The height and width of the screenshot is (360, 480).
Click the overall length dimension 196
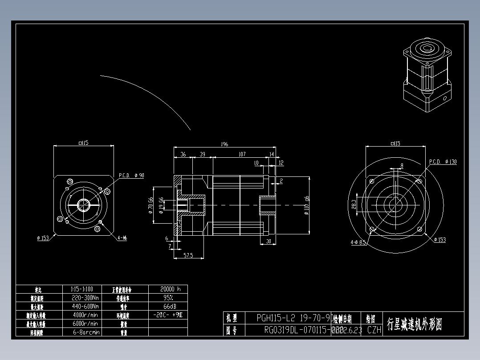[x=224, y=144]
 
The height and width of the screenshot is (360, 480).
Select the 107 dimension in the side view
[x=242, y=154]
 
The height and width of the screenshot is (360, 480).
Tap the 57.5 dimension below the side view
[x=188, y=255]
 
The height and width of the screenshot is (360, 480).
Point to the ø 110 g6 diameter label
[x=306, y=205]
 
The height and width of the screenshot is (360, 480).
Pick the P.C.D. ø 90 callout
[x=131, y=175]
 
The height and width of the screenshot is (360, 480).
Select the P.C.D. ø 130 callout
[x=443, y=162]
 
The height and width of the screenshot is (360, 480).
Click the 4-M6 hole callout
[x=122, y=238]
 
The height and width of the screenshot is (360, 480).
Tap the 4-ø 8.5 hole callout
[x=358, y=242]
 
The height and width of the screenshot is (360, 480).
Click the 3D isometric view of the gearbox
[x=427, y=75]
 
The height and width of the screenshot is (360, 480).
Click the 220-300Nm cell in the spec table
[x=85, y=298]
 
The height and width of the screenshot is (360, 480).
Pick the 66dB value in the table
[x=168, y=306]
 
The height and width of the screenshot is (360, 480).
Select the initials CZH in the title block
[x=374, y=330]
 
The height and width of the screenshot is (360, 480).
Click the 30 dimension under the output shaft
[x=268, y=241]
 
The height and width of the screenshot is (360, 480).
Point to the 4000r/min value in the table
[x=85, y=315]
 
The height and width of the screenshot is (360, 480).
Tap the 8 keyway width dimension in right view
[x=402, y=165]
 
